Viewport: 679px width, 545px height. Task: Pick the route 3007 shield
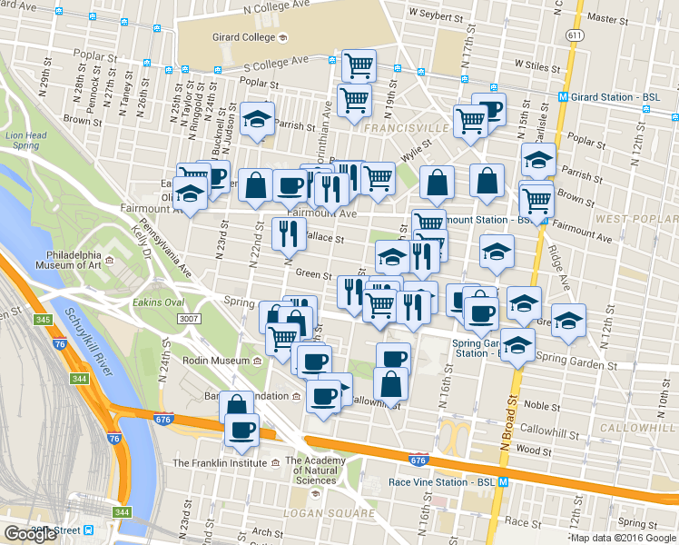pos(189,318)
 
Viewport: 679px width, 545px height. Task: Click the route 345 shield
pos(43,320)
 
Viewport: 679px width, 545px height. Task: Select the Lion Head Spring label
pos(25,141)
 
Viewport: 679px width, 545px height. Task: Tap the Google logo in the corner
pos(31,534)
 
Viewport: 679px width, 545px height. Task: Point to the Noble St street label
pos(541,406)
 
